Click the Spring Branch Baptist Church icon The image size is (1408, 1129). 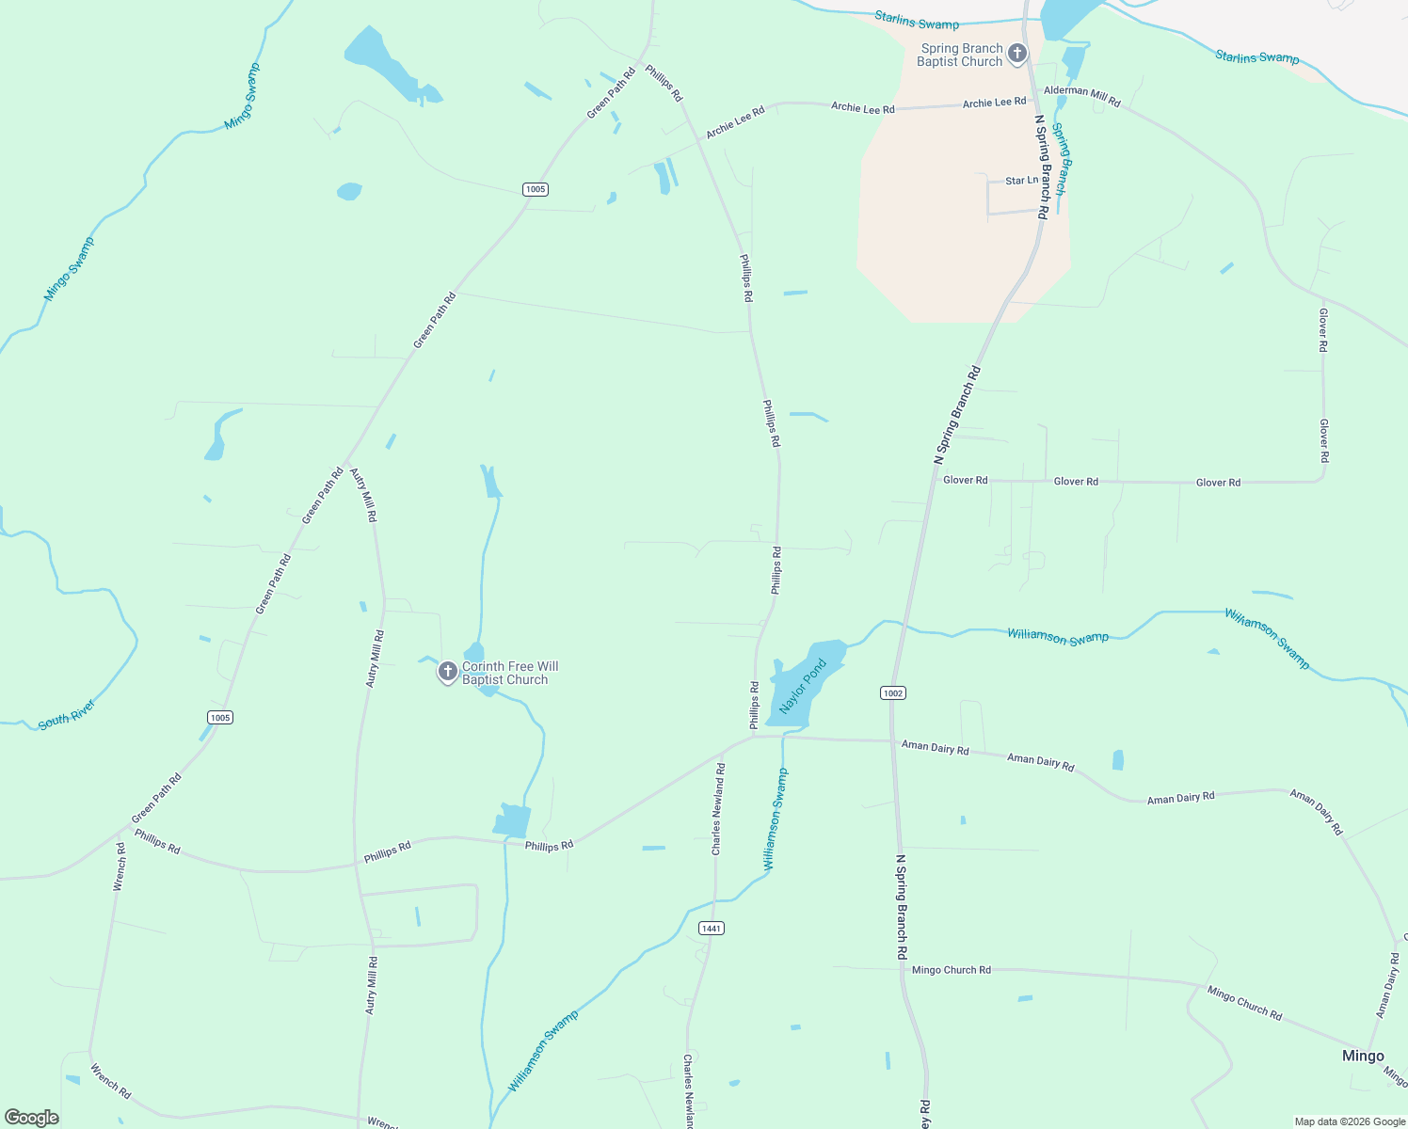coord(1016,54)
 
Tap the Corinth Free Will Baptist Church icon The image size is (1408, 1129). coord(448,672)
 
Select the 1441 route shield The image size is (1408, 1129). coord(711,929)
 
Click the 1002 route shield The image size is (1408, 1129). coord(893,693)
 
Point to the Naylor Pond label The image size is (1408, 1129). coord(803,686)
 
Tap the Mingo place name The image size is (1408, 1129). coord(1363,1056)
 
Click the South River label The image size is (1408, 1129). coord(67,715)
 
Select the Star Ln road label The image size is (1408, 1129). coord(1021,181)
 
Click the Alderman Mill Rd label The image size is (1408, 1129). coord(1082,96)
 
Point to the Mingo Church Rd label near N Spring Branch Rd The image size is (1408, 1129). coord(952,970)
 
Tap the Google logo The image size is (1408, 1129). coord(31,1118)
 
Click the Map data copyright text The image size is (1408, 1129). coord(1350,1121)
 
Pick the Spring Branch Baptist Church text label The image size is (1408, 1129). coord(960,55)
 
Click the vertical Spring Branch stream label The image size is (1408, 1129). coord(1060,159)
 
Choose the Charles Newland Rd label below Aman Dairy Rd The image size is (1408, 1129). coord(718,808)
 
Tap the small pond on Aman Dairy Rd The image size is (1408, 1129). coord(1117,760)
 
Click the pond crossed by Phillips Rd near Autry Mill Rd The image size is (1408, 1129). coord(512,820)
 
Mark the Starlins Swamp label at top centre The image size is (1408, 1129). coord(916,20)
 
